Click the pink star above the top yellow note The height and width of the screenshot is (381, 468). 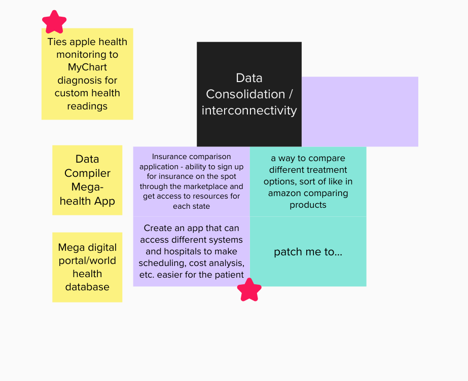(54, 22)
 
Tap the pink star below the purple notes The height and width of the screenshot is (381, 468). (249, 290)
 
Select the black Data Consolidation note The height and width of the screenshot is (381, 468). (249, 61)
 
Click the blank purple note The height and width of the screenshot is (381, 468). (360, 111)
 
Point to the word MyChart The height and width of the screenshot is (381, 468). (87, 67)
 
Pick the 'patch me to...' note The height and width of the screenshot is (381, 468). (308, 252)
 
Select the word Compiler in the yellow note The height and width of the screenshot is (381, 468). (87, 173)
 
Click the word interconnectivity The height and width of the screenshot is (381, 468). (249, 110)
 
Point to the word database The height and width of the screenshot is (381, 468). (87, 287)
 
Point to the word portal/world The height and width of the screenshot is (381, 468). (87, 260)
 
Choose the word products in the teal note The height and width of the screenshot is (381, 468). (308, 205)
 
